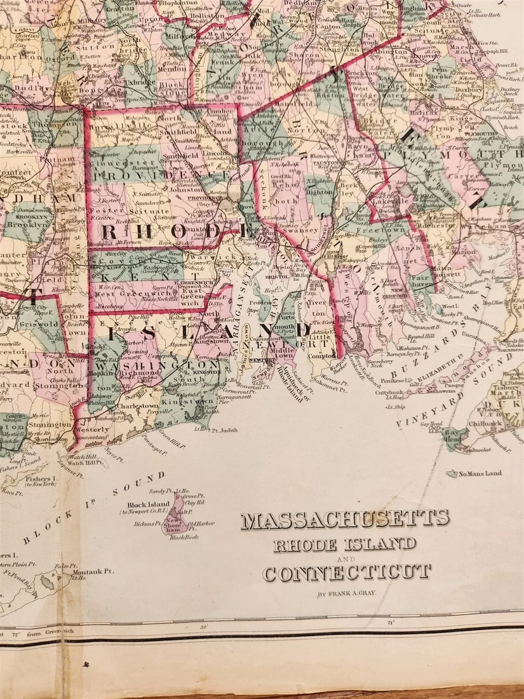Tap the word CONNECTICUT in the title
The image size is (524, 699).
[347, 573]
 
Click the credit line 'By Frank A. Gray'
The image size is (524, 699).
[346, 595]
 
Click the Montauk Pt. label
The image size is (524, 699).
[93, 571]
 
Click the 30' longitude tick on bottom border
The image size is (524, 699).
[204, 625]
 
